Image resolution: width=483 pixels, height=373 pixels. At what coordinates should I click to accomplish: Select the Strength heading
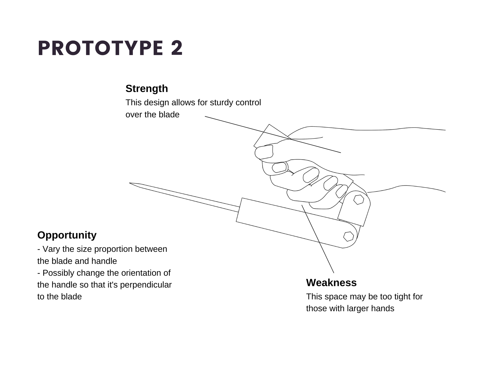click(x=147, y=89)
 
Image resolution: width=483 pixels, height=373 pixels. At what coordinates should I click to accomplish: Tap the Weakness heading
click(x=331, y=283)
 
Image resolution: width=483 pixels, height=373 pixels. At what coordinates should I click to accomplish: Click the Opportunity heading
click(x=67, y=235)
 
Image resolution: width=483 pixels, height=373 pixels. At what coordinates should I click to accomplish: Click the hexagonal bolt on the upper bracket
click(x=358, y=200)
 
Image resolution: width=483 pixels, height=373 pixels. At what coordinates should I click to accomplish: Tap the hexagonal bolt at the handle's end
click(x=348, y=236)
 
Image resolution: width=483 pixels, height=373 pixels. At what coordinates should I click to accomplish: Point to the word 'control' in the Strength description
click(x=248, y=103)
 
